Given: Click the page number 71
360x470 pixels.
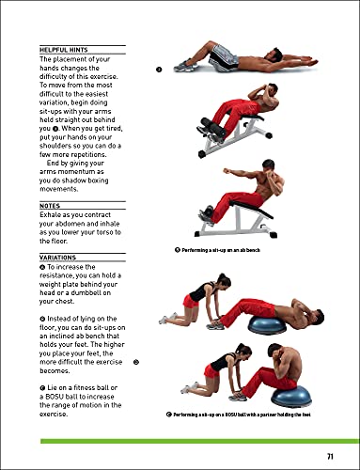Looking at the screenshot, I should (x=330, y=456).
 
